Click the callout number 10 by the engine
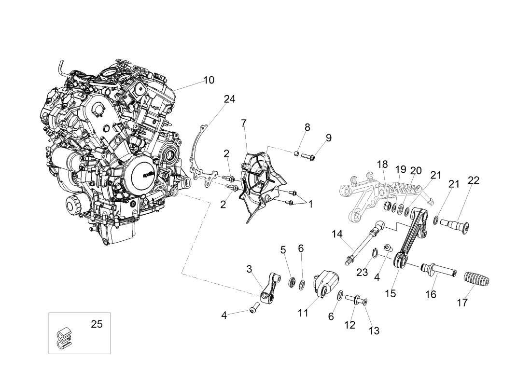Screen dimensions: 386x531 point(209,80)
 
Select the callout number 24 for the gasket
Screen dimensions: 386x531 point(230,99)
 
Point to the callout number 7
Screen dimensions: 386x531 point(244,123)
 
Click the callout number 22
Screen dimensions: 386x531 point(474,180)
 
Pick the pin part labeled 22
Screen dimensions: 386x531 point(454,224)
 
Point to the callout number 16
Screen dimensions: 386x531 point(431,294)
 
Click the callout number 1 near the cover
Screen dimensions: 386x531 point(310,204)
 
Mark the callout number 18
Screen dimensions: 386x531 point(382,165)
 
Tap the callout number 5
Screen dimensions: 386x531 point(283,249)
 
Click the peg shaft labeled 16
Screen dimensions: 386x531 point(438,270)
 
